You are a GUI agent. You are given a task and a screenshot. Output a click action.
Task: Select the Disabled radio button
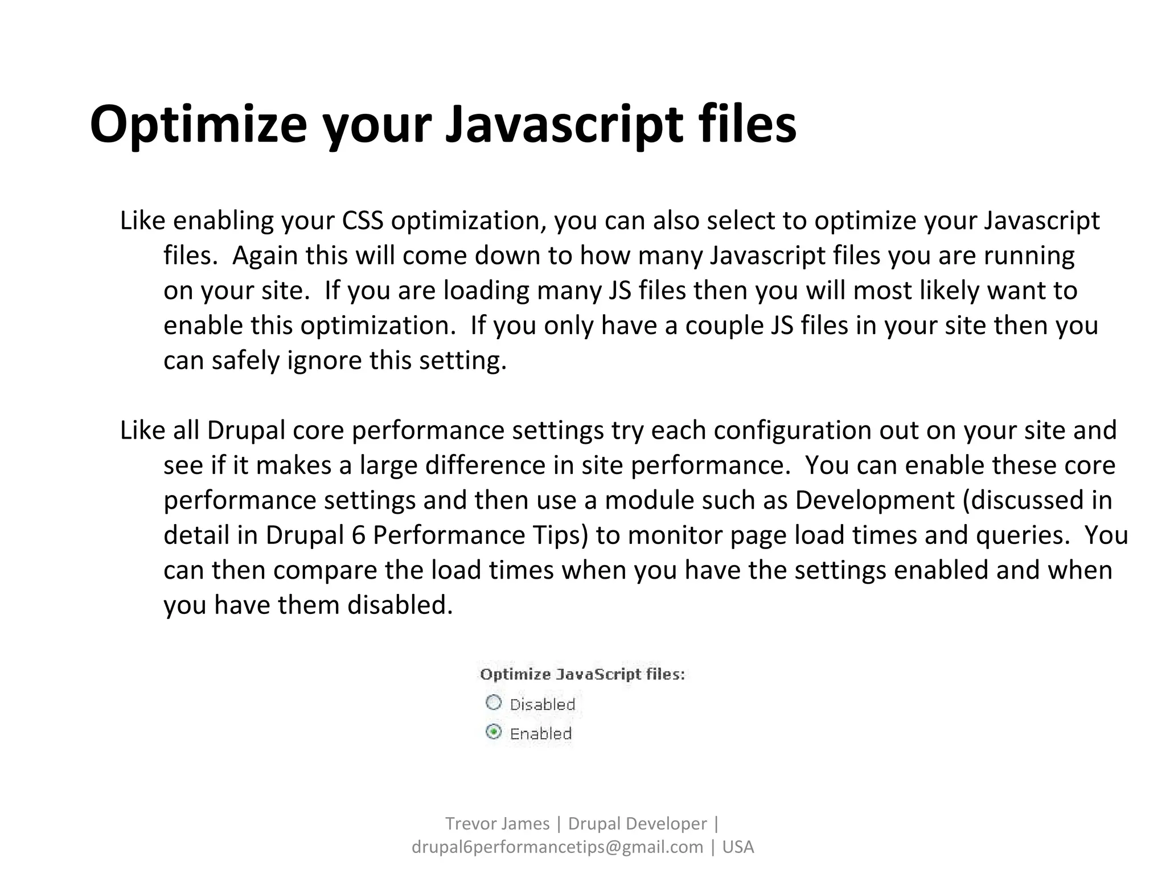494,703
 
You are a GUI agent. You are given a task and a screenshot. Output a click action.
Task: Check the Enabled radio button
494,732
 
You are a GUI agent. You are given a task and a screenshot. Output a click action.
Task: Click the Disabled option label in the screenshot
542,704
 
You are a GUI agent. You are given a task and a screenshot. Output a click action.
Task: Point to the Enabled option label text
540,733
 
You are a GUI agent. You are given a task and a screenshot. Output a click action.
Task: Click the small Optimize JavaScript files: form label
582,675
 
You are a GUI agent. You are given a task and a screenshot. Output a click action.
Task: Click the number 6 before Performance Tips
358,535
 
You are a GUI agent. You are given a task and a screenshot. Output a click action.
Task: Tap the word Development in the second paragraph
874,500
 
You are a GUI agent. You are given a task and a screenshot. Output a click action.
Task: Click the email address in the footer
557,847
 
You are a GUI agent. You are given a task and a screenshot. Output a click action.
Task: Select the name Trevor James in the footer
497,823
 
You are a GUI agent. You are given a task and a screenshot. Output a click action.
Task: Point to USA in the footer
738,847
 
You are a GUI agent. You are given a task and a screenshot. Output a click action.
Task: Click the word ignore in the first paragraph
325,360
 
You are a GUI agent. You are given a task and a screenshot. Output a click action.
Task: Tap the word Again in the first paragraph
265,255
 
